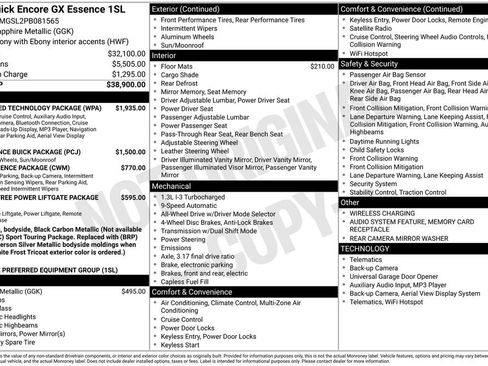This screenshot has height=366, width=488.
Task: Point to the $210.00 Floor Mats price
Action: click(322, 66)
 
